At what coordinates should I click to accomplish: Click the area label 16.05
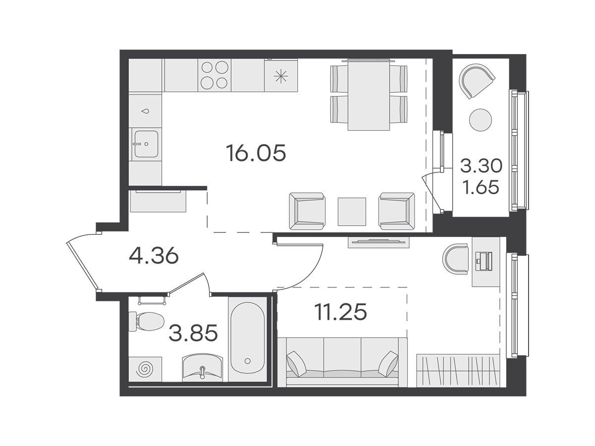256,153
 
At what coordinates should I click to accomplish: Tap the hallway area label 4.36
153,256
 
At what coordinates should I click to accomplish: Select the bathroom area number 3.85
193,333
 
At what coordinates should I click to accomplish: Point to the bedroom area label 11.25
341,312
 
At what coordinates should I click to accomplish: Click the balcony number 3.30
481,167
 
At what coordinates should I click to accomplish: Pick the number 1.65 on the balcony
481,187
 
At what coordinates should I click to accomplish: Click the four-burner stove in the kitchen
214,75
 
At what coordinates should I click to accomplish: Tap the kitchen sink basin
146,144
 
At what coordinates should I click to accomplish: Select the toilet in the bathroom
146,322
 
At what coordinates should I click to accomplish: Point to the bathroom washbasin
202,368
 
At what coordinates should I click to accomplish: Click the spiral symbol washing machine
145,369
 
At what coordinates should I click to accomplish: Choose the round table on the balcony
480,120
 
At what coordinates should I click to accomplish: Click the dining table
369,95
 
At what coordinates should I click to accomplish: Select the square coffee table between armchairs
352,212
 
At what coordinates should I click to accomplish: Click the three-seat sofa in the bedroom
342,362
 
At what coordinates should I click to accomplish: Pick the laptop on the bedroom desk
483,261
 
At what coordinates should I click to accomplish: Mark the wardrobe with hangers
458,370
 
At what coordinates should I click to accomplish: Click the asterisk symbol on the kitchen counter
281,76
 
